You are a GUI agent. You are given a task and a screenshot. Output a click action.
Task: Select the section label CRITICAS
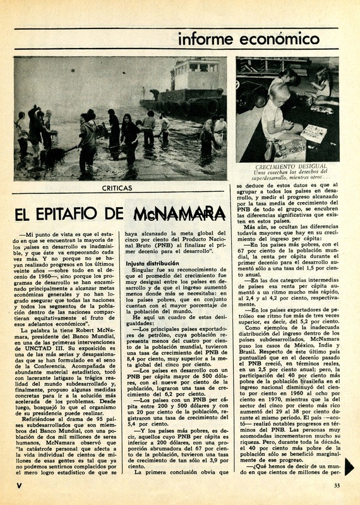(x=116, y=188)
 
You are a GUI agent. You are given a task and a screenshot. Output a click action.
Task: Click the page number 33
(x=337, y=485)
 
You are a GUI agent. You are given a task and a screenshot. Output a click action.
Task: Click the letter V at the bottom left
(x=20, y=485)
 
